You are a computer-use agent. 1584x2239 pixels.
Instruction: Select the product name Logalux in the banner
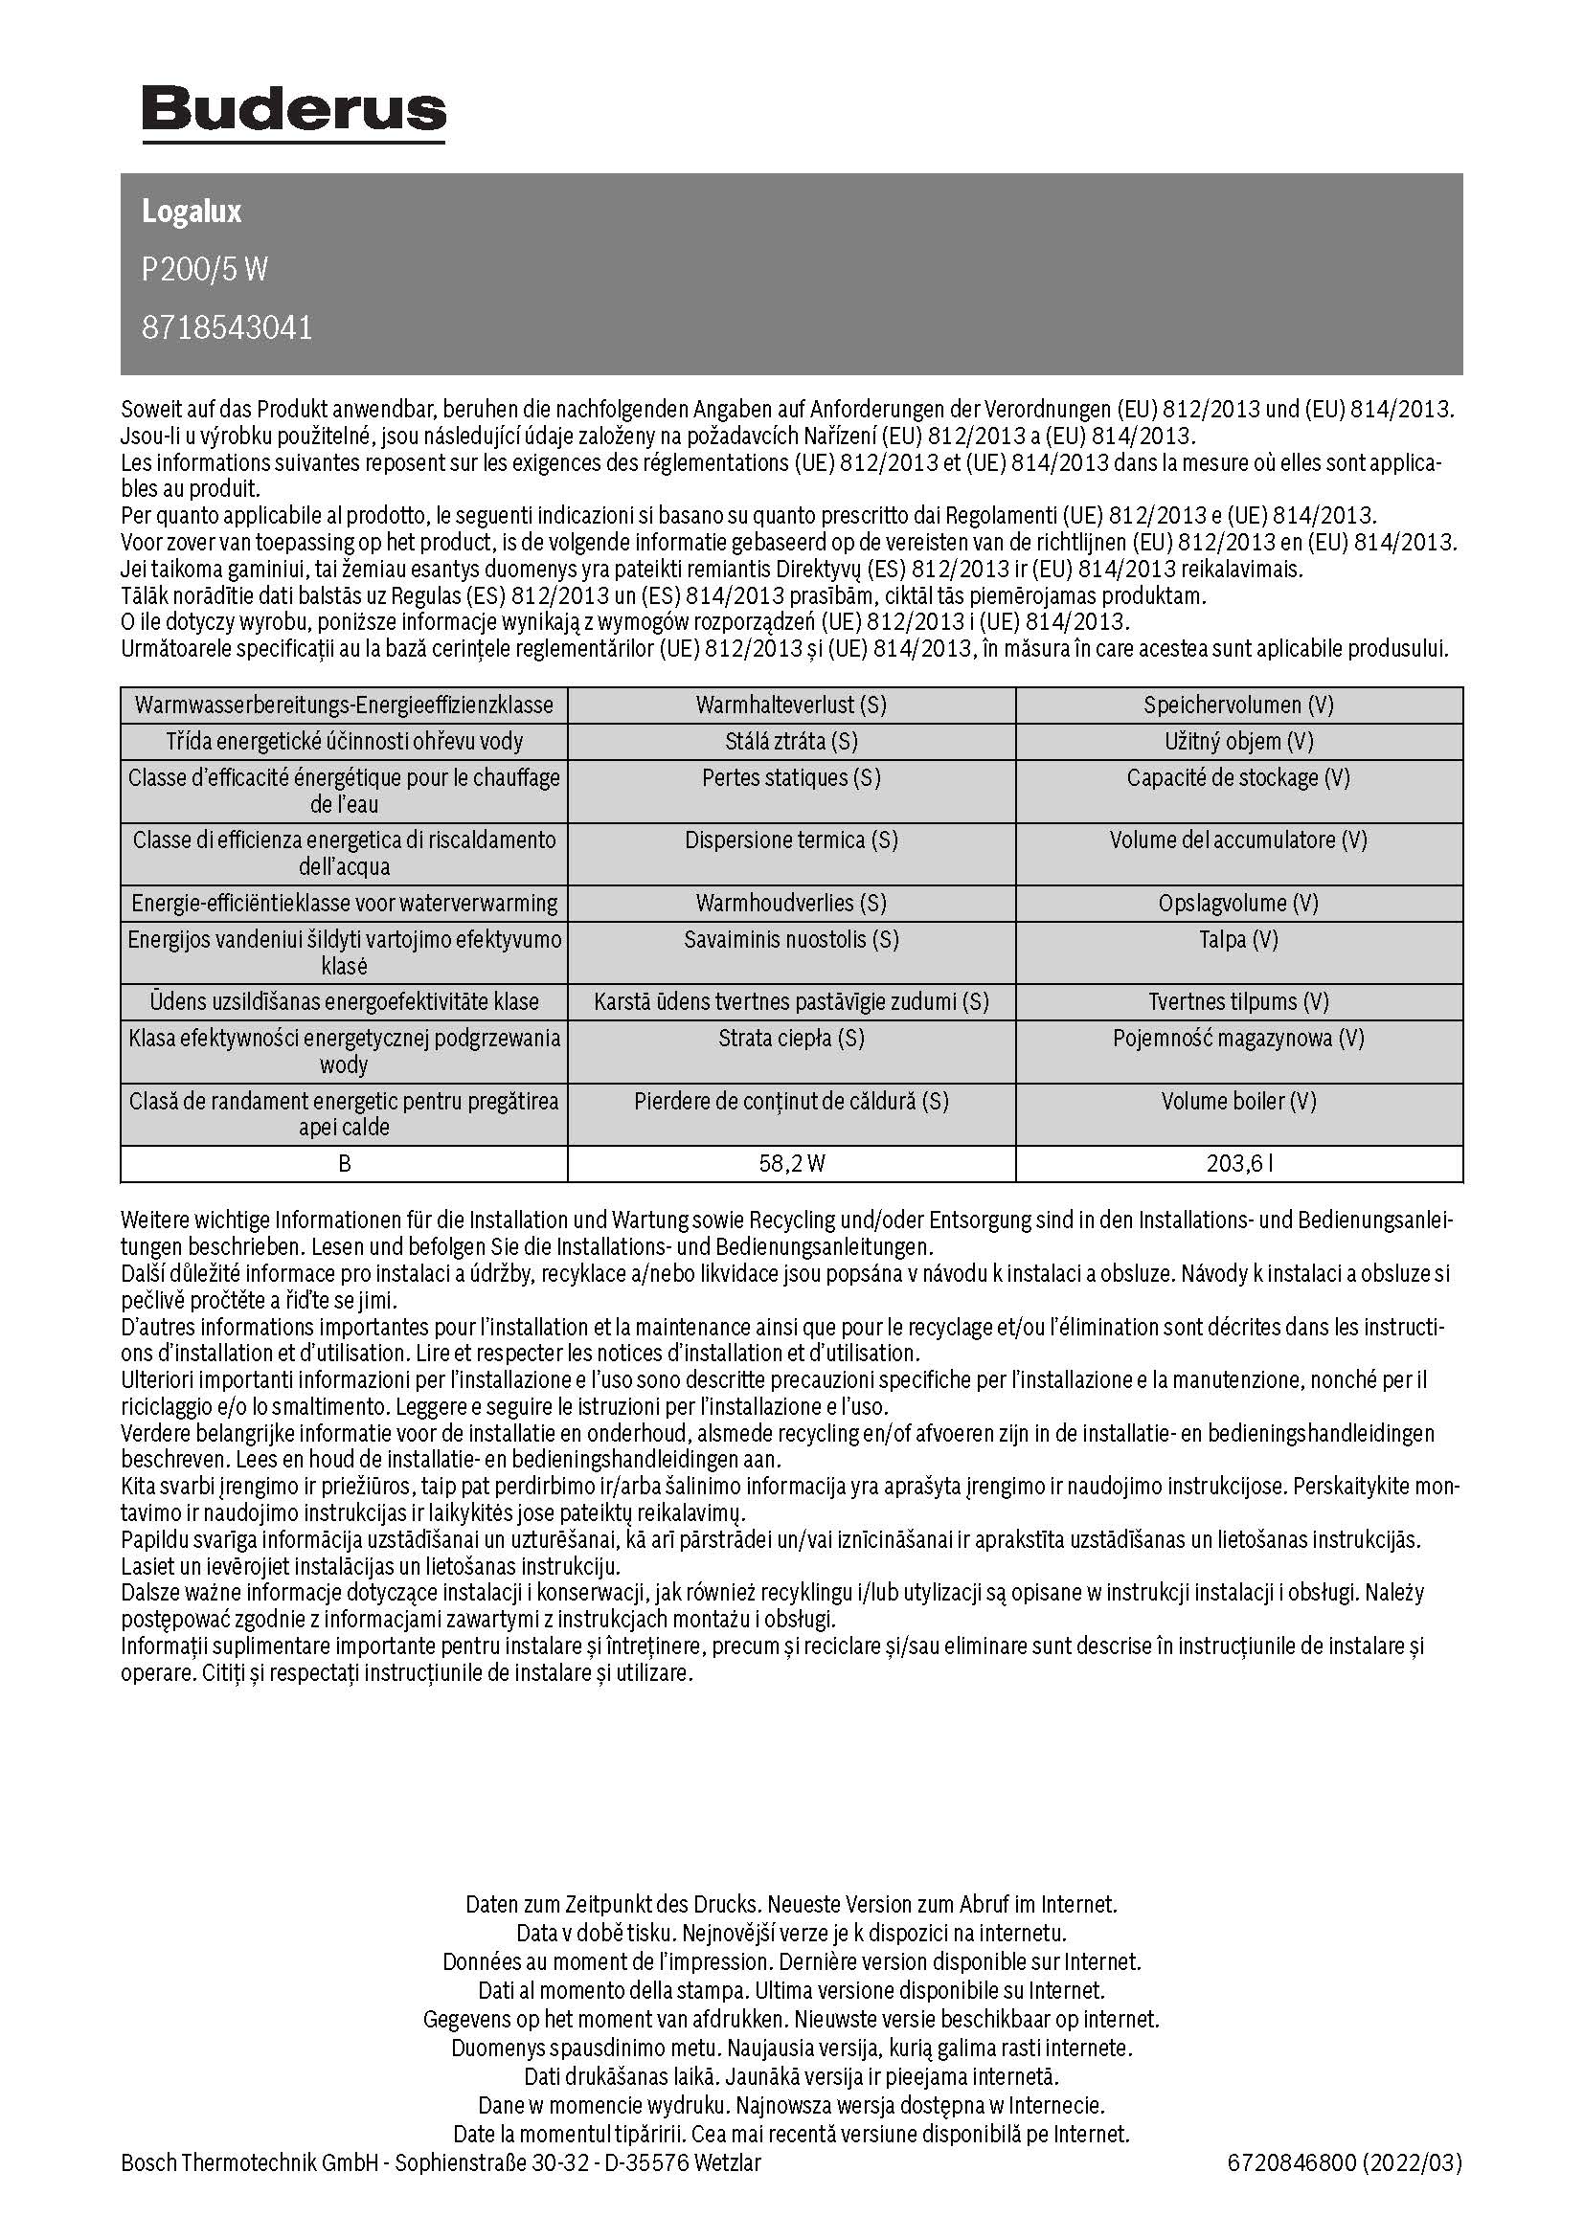click(x=192, y=212)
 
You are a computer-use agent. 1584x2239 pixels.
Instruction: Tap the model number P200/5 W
click(x=204, y=269)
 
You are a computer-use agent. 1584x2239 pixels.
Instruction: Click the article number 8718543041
click(x=227, y=327)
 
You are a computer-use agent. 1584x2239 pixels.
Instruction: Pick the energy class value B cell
click(x=344, y=1163)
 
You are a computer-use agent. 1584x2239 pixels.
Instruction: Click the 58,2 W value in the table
click(x=791, y=1163)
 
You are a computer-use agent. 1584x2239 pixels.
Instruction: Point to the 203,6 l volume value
click(x=1238, y=1163)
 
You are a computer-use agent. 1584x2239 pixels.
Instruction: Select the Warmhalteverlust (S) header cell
click(x=791, y=705)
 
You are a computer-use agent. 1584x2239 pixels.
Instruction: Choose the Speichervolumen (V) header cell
click(x=1238, y=705)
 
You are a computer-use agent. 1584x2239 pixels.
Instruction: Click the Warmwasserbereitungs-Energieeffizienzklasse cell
click(x=344, y=705)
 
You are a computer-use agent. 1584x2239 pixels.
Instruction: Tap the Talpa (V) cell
click(x=1238, y=940)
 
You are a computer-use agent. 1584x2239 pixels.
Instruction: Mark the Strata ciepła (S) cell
click(x=791, y=1039)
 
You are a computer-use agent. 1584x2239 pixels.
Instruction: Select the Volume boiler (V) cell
click(x=1238, y=1101)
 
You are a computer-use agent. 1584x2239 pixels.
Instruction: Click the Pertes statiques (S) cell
click(x=791, y=778)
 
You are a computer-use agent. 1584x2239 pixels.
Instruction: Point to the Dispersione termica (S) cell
click(x=791, y=840)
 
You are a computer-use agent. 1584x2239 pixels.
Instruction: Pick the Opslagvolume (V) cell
click(x=1238, y=903)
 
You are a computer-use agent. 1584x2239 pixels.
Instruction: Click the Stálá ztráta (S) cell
click(x=791, y=741)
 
